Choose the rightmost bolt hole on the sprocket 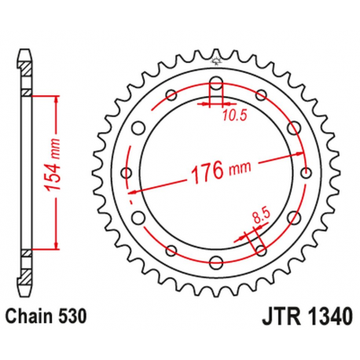[305, 173]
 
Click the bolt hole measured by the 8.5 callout [260, 250]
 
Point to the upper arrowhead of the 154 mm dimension [57, 97]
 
